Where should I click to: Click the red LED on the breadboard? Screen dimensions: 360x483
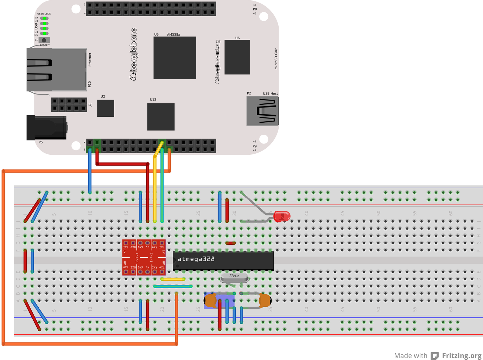(x=282, y=216)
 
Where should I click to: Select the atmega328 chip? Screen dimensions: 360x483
(x=223, y=261)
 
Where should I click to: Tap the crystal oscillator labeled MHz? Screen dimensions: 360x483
(x=234, y=278)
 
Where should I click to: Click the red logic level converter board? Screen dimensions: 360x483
(x=144, y=257)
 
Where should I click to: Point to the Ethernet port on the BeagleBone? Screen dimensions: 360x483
(x=56, y=70)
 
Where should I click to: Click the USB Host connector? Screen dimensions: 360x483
(x=262, y=111)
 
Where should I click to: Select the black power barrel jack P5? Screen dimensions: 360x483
(x=46, y=128)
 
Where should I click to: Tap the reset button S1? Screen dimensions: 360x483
(x=44, y=40)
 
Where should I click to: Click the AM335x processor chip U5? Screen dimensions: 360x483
(x=174, y=58)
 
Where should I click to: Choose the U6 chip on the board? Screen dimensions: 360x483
(x=237, y=57)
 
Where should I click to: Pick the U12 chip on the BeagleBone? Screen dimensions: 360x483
(x=161, y=117)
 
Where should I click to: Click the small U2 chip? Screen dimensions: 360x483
(x=106, y=108)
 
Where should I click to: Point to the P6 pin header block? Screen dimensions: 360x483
(x=69, y=105)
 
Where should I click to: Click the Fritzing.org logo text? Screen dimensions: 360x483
(x=462, y=356)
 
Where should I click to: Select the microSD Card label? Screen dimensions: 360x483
(x=276, y=58)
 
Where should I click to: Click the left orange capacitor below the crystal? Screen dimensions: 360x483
(x=210, y=301)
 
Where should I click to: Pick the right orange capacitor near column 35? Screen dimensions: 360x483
(x=265, y=301)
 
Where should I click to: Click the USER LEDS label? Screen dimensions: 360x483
(x=44, y=14)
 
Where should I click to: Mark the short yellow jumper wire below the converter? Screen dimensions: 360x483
(x=173, y=279)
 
